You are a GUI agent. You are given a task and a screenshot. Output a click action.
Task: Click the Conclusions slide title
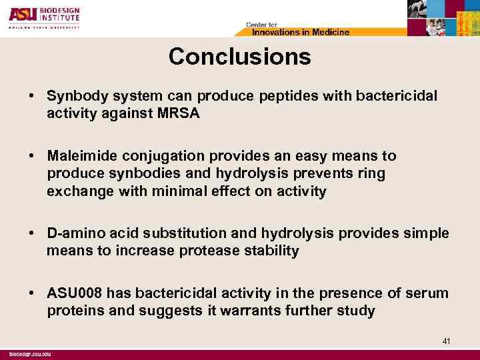(x=239, y=57)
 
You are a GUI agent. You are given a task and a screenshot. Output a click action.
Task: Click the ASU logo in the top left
(x=19, y=13)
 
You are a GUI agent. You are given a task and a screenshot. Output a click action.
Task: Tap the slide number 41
(x=447, y=341)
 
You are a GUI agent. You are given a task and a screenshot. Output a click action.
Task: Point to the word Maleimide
(x=79, y=156)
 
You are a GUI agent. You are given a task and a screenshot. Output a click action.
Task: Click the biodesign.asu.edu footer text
(x=31, y=353)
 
